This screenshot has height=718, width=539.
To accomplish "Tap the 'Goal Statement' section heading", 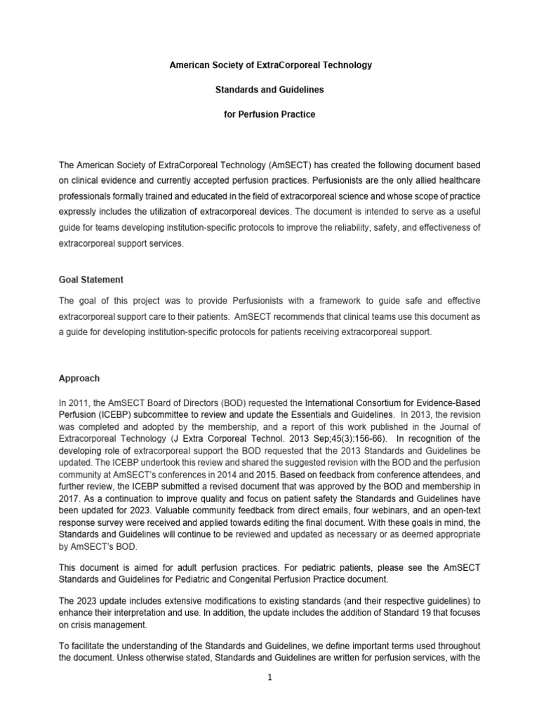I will (91, 279).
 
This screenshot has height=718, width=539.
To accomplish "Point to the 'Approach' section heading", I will (79, 379).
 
